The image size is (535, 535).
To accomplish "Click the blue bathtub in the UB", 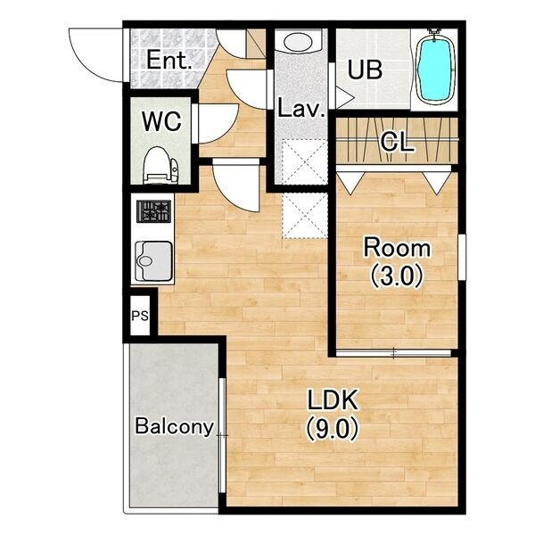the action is (435, 68).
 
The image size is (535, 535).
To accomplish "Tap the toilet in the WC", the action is (160, 165).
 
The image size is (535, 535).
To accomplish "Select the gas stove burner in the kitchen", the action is (153, 211).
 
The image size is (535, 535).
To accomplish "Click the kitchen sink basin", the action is (153, 261).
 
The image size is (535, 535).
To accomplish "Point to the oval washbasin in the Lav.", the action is (298, 42).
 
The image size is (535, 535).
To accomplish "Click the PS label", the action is (140, 316).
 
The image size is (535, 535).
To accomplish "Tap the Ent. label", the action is (169, 61).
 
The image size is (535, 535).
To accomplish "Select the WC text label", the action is (161, 121).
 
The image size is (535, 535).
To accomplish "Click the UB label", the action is (365, 70).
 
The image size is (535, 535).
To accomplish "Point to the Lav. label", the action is (301, 109).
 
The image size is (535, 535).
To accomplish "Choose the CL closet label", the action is (397, 142).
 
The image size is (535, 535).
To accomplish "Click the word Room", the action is (397, 248).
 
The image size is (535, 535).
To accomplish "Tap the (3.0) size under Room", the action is (397, 276).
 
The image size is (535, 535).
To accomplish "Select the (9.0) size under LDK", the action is (332, 429).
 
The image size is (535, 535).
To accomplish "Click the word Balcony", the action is (175, 426).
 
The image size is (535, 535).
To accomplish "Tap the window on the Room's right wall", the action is (462, 257).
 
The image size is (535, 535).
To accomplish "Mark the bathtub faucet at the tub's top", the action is (434, 32).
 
